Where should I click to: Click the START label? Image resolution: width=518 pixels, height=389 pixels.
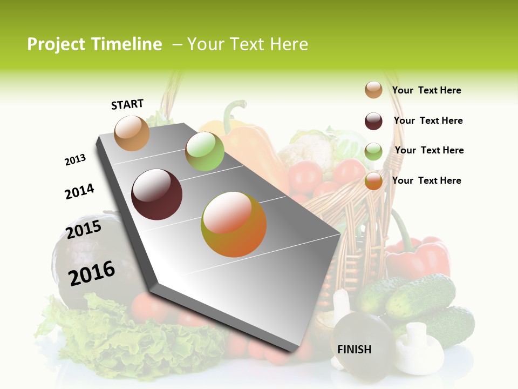point(127,104)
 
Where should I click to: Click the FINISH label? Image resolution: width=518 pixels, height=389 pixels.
point(355,350)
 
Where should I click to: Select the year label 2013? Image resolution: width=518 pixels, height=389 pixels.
point(75,160)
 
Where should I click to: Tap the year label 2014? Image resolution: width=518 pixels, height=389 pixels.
point(79,191)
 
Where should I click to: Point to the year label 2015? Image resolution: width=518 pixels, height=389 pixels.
point(84,230)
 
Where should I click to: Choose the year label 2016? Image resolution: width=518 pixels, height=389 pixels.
point(92,273)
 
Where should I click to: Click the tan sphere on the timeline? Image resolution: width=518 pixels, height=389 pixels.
point(132,133)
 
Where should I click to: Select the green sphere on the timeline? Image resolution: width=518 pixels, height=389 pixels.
point(205,151)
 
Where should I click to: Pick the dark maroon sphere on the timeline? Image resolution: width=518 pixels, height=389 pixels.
point(157,194)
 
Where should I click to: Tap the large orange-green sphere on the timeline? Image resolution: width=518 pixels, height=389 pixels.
point(234,224)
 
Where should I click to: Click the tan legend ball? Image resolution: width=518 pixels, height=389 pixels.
point(373,90)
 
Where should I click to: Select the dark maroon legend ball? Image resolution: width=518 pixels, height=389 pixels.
point(373,121)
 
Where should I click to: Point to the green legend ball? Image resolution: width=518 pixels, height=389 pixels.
point(373,152)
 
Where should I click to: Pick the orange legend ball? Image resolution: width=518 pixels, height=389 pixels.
point(373,181)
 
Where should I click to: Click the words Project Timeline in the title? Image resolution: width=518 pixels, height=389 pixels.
point(94,44)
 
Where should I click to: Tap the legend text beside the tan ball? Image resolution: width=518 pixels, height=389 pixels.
point(426,91)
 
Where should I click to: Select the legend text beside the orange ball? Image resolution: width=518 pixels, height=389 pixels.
point(426,180)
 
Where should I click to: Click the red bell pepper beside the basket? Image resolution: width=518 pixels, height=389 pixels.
point(418,257)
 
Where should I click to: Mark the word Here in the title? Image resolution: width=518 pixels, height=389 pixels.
point(289,44)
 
